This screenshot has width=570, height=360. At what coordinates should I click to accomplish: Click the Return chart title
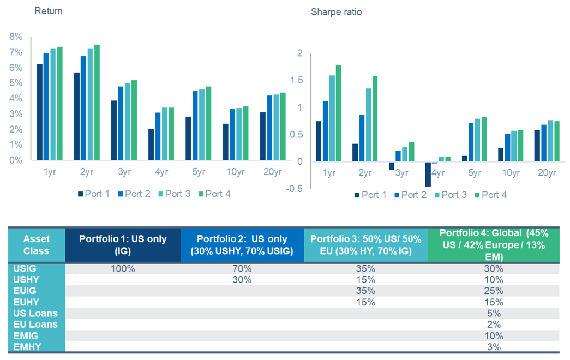49,11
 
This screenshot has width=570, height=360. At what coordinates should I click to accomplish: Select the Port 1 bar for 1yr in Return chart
40,112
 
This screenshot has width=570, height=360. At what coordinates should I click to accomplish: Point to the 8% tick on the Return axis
16,37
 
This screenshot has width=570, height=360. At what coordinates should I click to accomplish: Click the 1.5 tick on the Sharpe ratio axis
296,80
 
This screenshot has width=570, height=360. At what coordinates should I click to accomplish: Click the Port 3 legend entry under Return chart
173,194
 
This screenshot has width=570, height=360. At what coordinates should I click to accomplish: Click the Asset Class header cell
36,245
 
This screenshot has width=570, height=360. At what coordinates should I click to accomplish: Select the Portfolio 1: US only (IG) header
123,245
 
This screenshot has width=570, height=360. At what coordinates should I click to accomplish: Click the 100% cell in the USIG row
123,268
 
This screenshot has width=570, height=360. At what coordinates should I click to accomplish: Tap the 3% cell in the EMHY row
494,347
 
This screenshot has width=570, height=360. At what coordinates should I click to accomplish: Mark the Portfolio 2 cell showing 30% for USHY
242,280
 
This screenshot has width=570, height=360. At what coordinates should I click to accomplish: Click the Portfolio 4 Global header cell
494,245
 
